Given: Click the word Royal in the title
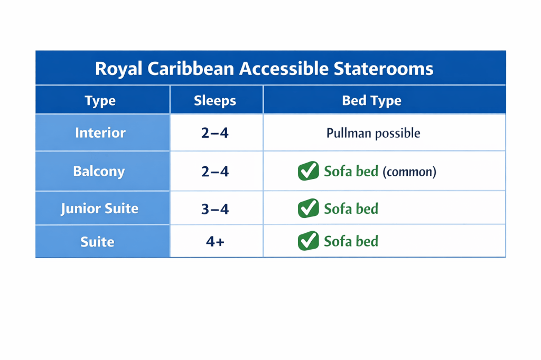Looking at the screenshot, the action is pyautogui.click(x=118, y=69).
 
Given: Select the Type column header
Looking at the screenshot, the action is pyautogui.click(x=100, y=101).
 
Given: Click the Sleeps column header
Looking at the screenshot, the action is pyautogui.click(x=215, y=101).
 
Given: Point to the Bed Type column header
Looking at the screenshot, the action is pyautogui.click(x=371, y=101).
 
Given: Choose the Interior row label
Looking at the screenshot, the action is pyautogui.click(x=100, y=133).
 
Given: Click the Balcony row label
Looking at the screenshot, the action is pyautogui.click(x=99, y=172).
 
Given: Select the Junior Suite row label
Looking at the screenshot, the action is pyautogui.click(x=99, y=209).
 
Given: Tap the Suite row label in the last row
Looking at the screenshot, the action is pyautogui.click(x=97, y=242).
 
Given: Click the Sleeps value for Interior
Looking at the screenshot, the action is pyautogui.click(x=215, y=133).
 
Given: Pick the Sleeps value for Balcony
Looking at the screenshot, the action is pyautogui.click(x=215, y=172).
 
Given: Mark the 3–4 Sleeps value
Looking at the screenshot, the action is pyautogui.click(x=215, y=209).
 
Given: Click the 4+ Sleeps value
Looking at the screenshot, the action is pyautogui.click(x=215, y=241).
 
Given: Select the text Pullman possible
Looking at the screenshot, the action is pyautogui.click(x=374, y=133).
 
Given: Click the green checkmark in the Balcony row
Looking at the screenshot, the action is pyautogui.click(x=308, y=170).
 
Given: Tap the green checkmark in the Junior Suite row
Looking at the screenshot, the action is pyautogui.click(x=308, y=208).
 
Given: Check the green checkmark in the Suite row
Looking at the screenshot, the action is pyautogui.click(x=308, y=240).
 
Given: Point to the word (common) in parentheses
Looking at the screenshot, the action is pyautogui.click(x=409, y=172).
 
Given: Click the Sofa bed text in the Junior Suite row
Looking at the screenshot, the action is pyautogui.click(x=351, y=209).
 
